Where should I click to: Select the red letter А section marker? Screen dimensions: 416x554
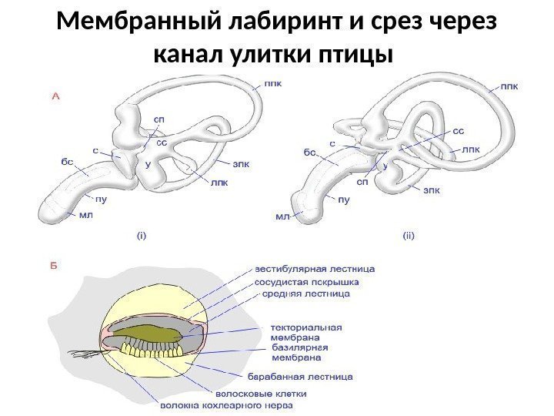pyautogui.click(x=55, y=97)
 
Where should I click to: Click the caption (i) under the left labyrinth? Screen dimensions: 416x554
pyautogui.click(x=142, y=237)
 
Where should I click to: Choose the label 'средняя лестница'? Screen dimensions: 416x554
pyautogui.click(x=307, y=294)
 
